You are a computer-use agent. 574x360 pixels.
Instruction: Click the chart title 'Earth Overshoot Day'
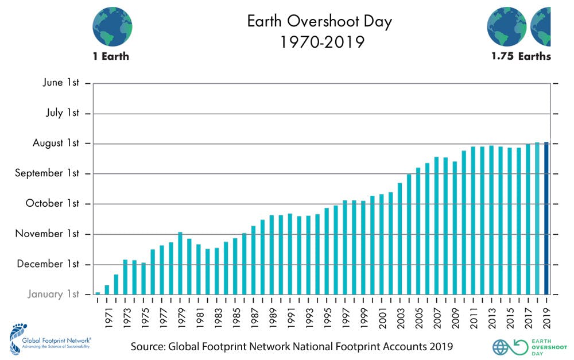pos(319,22)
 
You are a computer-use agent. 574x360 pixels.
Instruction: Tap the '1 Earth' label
pos(111,56)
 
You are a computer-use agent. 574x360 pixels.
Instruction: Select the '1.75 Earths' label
pos(521,56)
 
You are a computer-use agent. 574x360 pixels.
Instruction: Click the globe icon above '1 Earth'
pos(112,26)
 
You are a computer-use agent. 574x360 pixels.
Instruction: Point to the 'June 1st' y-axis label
pos(61,83)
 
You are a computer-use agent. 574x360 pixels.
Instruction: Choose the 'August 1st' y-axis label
pos(56,143)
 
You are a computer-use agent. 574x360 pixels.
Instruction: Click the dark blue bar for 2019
pos(546,218)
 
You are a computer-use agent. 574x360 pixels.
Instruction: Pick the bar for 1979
pos(180,264)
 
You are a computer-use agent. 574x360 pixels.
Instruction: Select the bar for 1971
pos(107,290)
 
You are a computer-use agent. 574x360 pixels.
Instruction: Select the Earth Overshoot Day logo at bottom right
pos(520,347)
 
